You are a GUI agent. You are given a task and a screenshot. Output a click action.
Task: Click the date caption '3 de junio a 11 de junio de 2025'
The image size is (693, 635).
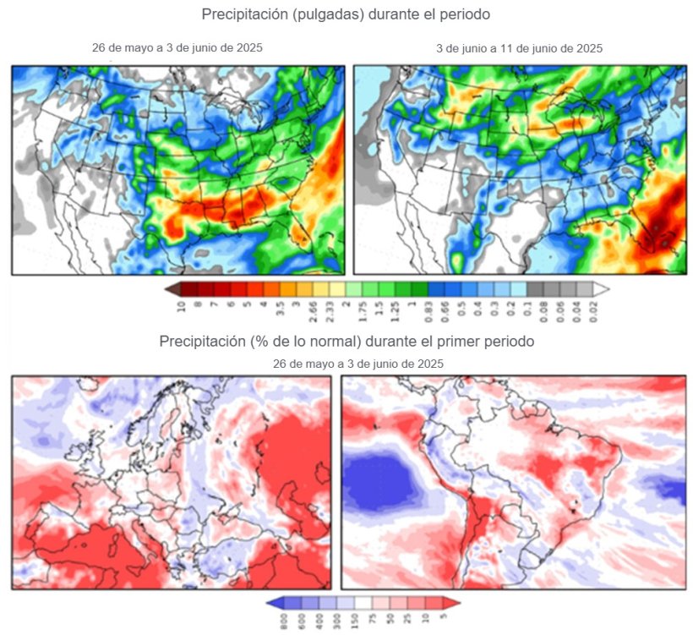[519, 48]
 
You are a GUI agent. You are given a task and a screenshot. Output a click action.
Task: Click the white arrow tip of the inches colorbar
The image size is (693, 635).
[602, 288]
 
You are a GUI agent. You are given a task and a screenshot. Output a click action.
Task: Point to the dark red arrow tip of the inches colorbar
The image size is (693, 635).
[172, 288]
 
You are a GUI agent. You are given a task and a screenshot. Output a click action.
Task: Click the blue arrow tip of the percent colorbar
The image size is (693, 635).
[270, 602]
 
